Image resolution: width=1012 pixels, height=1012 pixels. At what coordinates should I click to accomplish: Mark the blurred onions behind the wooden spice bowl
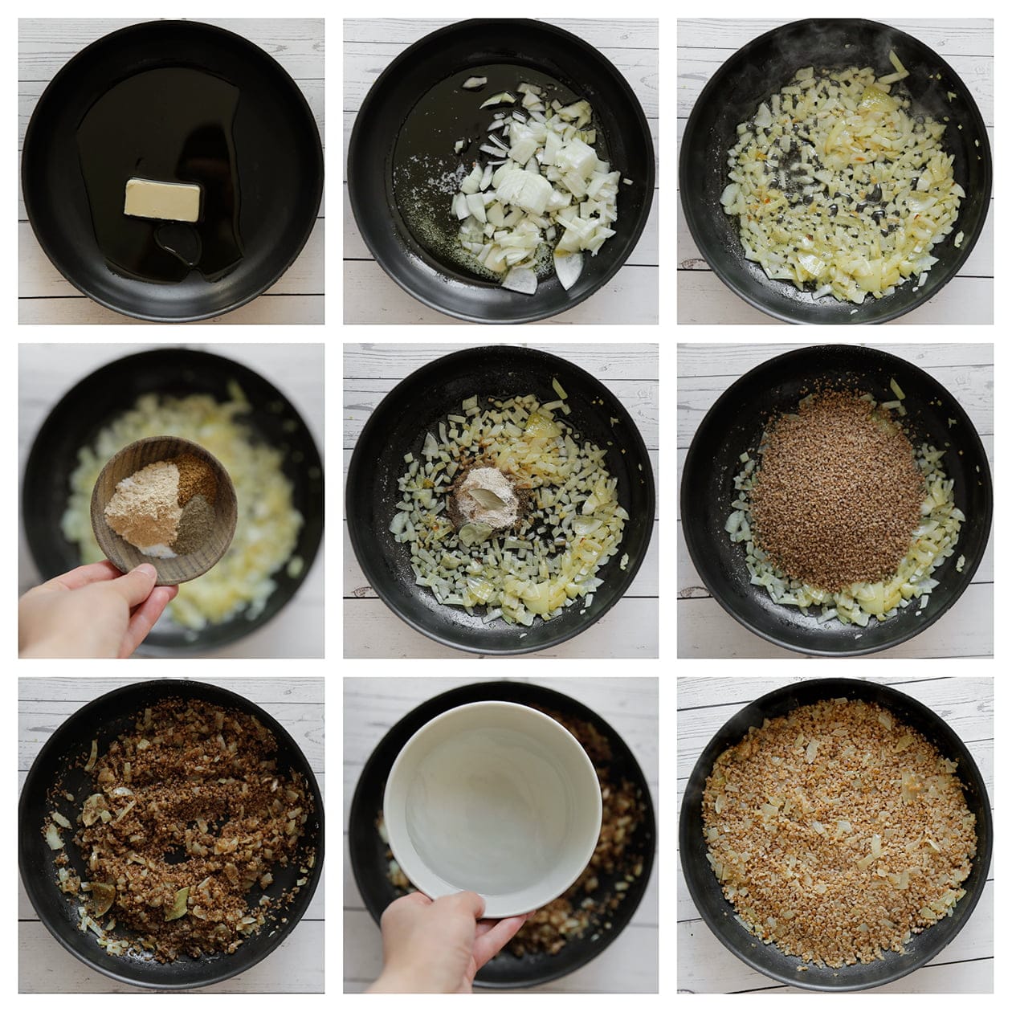pos(257,498)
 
